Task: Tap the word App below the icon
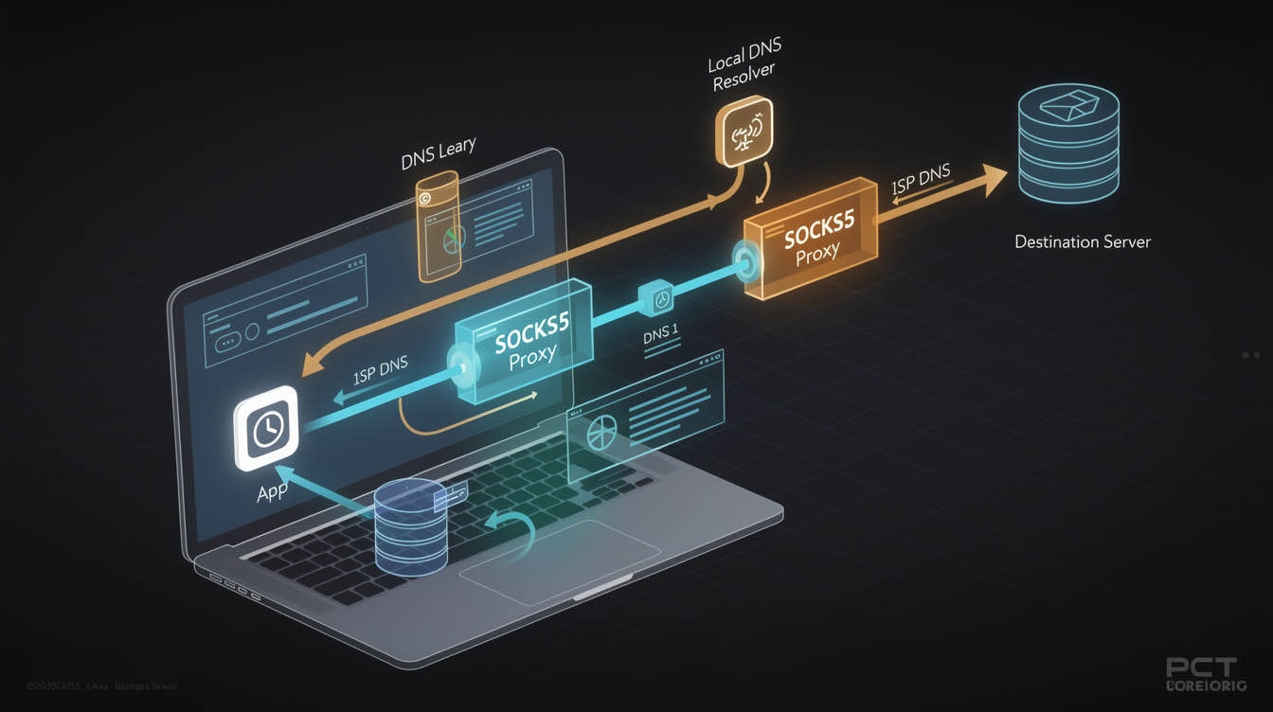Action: (x=272, y=493)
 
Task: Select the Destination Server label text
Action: (x=1083, y=241)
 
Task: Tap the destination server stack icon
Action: (x=1067, y=144)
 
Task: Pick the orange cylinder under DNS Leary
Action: (x=438, y=226)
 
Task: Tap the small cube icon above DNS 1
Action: (x=657, y=297)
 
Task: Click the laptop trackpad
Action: (x=560, y=560)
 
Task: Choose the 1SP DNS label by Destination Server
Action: (x=920, y=179)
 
